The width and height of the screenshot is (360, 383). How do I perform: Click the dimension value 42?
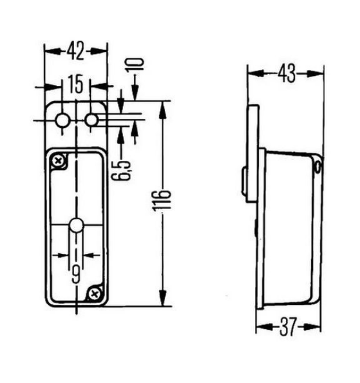[x=76, y=51]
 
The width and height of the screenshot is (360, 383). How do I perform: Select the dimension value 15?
[x=75, y=84]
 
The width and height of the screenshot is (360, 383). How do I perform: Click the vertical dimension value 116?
[x=161, y=200]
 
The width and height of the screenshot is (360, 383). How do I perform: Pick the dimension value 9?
[x=76, y=274]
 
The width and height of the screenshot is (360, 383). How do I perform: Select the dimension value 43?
[x=286, y=74]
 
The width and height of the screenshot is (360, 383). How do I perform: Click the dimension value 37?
[x=288, y=326]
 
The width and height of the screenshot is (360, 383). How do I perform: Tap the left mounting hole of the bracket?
[x=62, y=120]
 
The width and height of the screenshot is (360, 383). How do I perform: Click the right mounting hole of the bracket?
[x=92, y=120]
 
